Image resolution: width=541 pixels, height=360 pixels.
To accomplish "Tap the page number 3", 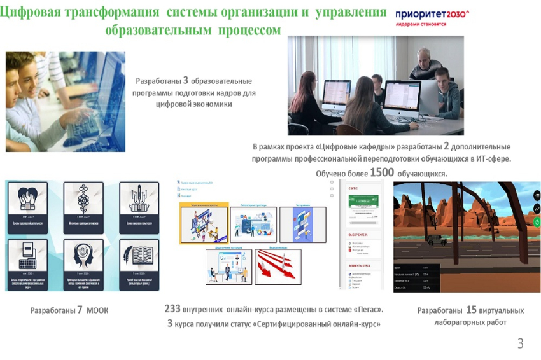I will point(520,344).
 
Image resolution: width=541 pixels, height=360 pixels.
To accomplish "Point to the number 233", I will point(172,309).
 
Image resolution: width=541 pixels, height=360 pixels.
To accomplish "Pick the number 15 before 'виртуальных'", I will point(471,310).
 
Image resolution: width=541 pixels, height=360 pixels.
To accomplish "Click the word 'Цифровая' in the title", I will point(35,13).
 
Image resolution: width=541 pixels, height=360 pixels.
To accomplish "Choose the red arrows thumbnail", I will point(278,267).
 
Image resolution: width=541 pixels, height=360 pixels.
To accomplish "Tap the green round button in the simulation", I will point(537,222).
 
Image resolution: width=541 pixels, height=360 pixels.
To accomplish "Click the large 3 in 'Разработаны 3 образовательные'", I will point(186,81).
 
